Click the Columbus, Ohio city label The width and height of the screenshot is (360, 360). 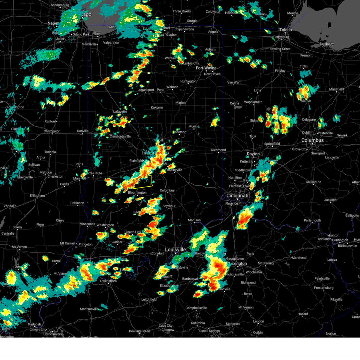(313, 140)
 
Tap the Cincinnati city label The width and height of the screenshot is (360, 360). (237, 196)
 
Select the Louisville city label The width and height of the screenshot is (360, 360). (175, 250)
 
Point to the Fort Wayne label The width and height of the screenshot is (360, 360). (206, 68)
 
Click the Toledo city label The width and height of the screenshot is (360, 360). (286, 30)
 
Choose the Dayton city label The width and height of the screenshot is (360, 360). (253, 154)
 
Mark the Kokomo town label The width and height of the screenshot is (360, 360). (157, 107)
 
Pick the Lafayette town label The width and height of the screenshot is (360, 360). (120, 112)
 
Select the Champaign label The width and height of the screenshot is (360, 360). (52, 131)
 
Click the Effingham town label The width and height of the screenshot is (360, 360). (37, 196)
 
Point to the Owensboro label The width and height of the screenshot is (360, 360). (108, 281)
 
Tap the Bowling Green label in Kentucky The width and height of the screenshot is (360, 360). (139, 331)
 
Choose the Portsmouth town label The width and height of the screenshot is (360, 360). (312, 220)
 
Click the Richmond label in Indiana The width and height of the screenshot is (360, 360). (218, 150)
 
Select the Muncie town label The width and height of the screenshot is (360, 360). (194, 126)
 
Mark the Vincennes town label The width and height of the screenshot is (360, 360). (88, 224)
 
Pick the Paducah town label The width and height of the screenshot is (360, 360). (34, 324)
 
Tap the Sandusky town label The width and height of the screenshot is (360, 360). (327, 44)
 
